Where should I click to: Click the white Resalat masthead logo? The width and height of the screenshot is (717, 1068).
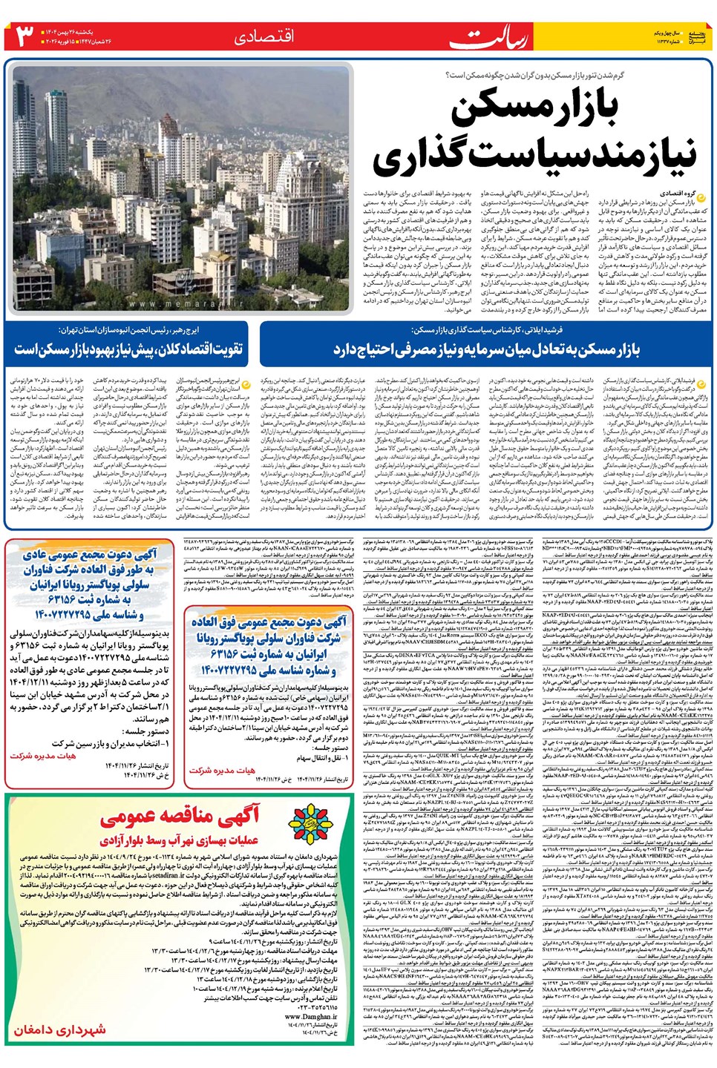coord(491,36)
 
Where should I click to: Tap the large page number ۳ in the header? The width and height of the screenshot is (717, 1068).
coord(24,36)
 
